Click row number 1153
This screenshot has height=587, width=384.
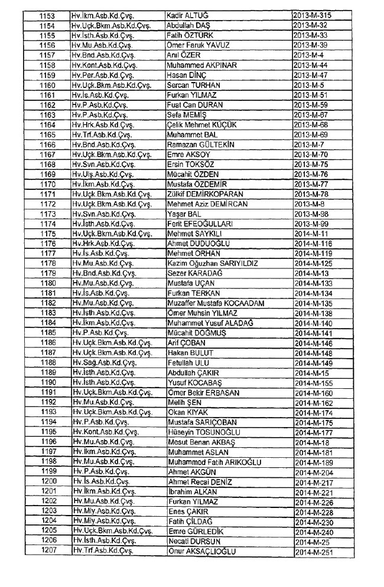pyautogui.click(x=47, y=14)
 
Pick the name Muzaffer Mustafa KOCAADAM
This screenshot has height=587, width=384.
pyautogui.click(x=216, y=303)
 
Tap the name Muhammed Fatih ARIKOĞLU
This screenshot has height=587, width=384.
pyautogui.click(x=214, y=462)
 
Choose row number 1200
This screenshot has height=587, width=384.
pyautogui.click(x=47, y=481)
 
